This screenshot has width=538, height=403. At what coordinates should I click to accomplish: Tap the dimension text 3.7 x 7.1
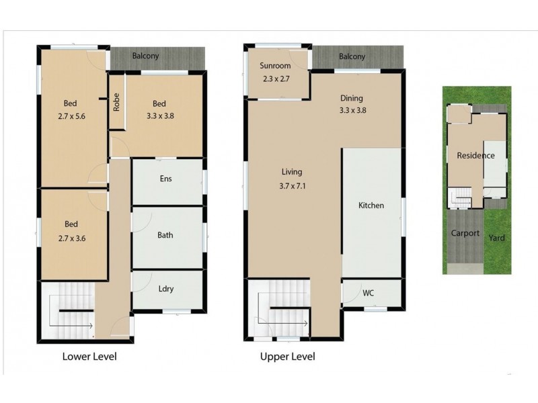292,187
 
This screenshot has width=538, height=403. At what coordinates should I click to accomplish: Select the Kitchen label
371,205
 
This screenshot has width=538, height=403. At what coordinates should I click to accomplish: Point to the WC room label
368,294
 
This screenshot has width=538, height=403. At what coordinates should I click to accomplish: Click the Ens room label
165,179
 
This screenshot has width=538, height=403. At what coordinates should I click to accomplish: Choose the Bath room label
165,235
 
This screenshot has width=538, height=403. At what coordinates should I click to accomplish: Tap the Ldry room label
165,289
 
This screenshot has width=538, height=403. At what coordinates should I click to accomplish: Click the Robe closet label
116,101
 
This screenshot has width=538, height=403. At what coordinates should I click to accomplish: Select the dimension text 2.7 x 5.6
70,116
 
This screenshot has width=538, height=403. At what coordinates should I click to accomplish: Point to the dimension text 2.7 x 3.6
71,236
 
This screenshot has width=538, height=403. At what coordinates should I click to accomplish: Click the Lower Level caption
89,357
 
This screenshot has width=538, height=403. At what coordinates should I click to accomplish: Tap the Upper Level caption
287,357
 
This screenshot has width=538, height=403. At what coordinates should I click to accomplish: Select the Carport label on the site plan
465,233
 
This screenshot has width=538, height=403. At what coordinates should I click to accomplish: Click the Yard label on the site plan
497,237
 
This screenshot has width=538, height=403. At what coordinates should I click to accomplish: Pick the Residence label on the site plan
475,155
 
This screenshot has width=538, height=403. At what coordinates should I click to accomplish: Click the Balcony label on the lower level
145,56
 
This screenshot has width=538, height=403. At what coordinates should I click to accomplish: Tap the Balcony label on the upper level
352,56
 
